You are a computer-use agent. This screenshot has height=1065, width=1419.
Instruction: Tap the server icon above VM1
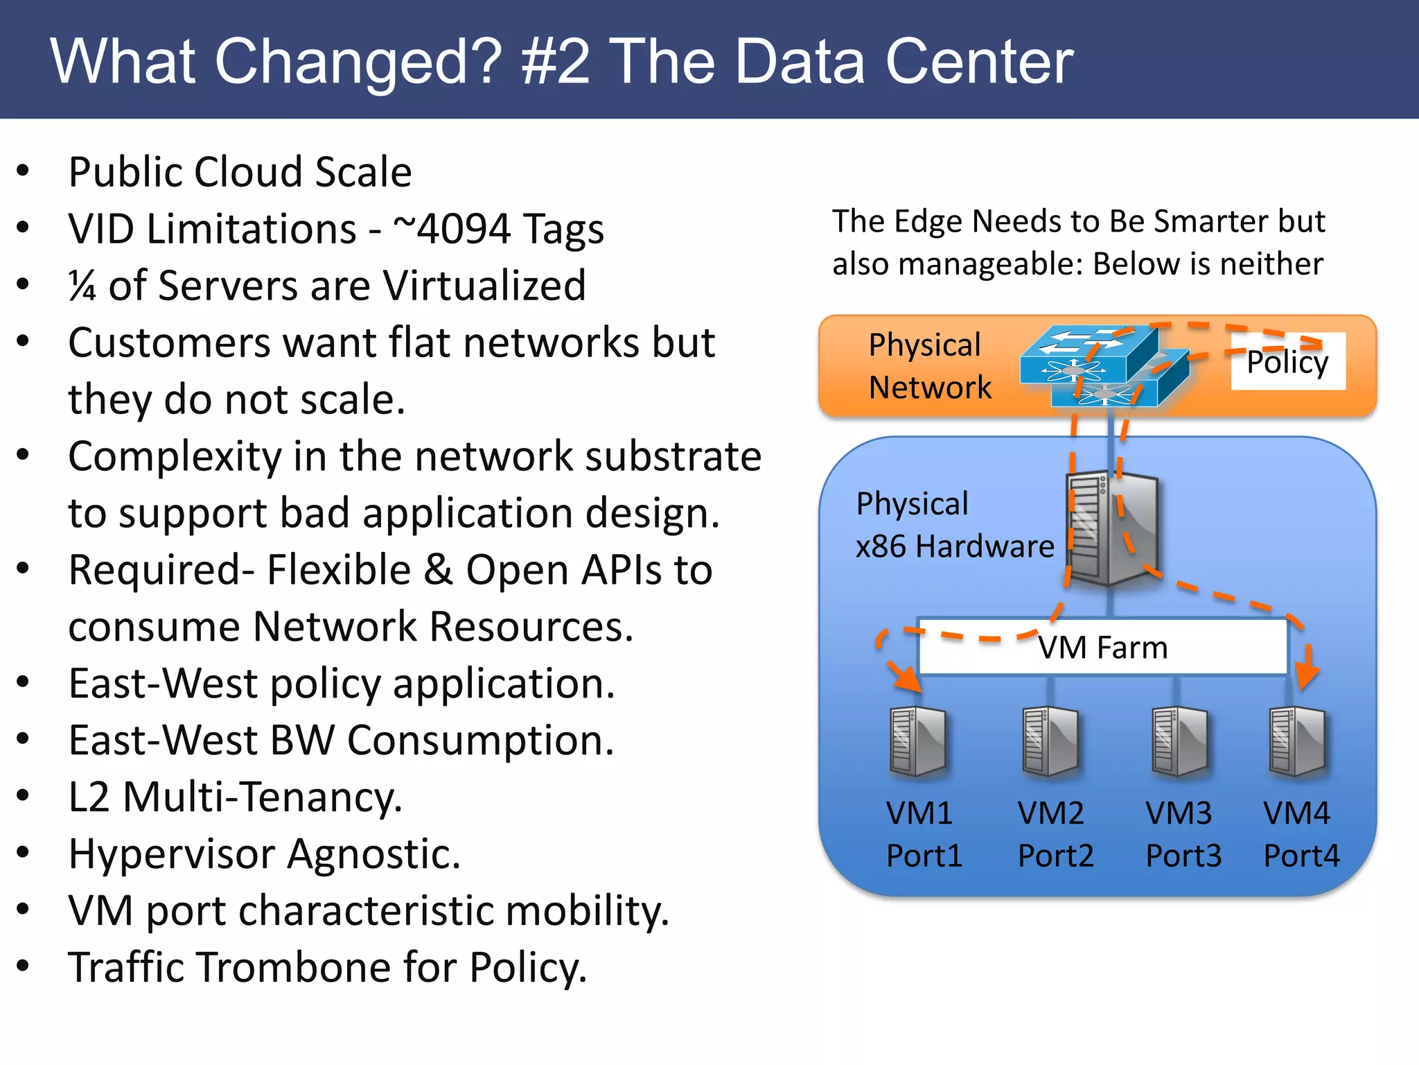pyautogui.click(x=917, y=741)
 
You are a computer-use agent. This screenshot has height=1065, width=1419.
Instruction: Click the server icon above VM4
pyautogui.click(x=1296, y=741)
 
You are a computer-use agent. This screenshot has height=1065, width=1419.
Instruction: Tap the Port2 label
pyautogui.click(x=1055, y=856)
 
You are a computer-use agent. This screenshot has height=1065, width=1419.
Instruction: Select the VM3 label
pyautogui.click(x=1179, y=813)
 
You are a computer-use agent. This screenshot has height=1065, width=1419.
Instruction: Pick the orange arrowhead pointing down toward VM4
pyautogui.click(x=1307, y=674)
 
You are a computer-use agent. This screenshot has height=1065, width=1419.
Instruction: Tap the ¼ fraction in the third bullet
pyautogui.click(x=82, y=286)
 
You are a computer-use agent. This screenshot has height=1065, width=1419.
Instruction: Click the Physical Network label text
pyautogui.click(x=929, y=366)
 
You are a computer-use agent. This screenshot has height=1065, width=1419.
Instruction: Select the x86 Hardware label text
pyautogui.click(x=955, y=546)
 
